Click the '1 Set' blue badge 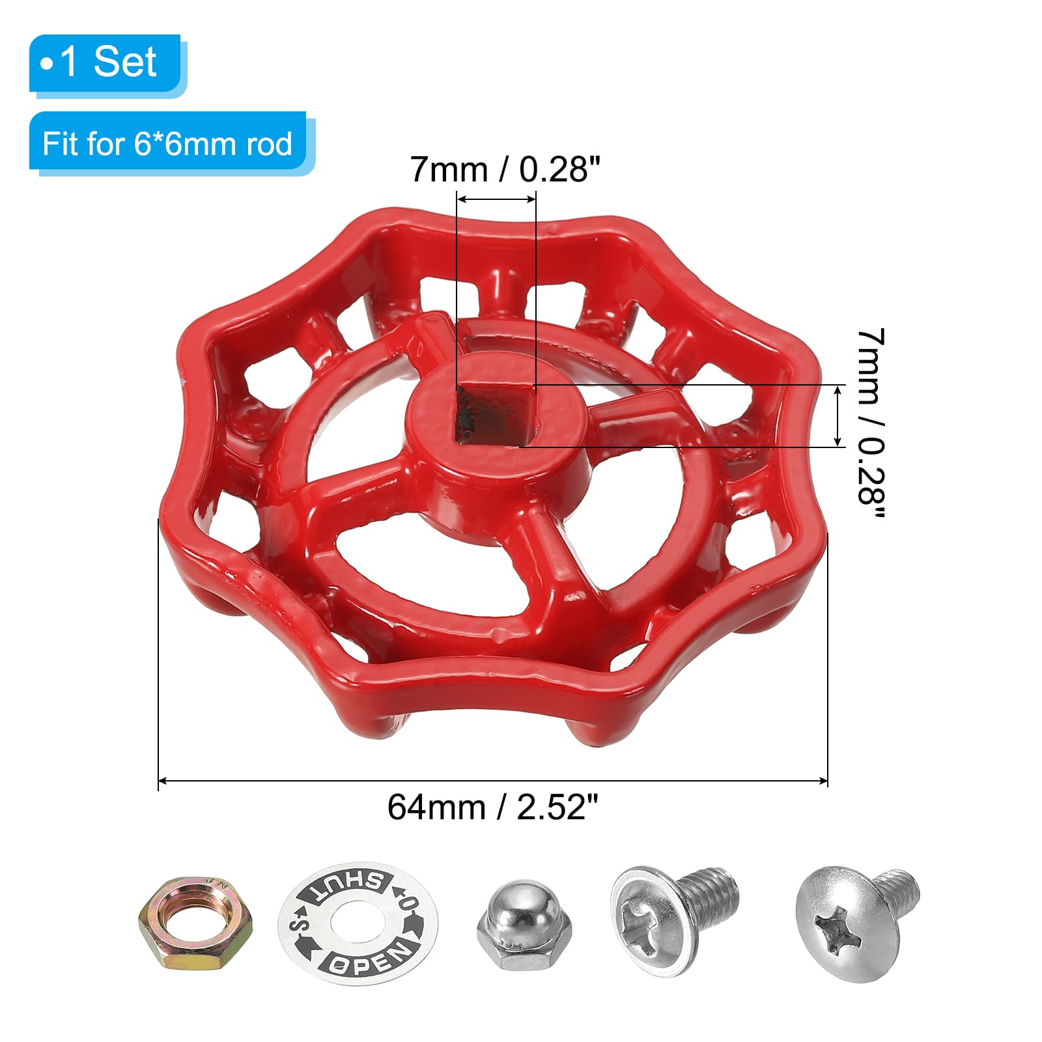click(x=105, y=63)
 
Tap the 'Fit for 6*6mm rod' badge click(x=167, y=143)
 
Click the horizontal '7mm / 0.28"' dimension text click(x=505, y=169)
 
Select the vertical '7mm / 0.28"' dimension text click(x=871, y=423)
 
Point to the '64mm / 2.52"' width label click(x=492, y=808)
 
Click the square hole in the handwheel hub click(x=495, y=415)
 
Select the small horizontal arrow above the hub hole click(x=496, y=200)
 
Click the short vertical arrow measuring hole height click(x=838, y=415)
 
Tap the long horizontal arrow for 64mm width click(x=492, y=780)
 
